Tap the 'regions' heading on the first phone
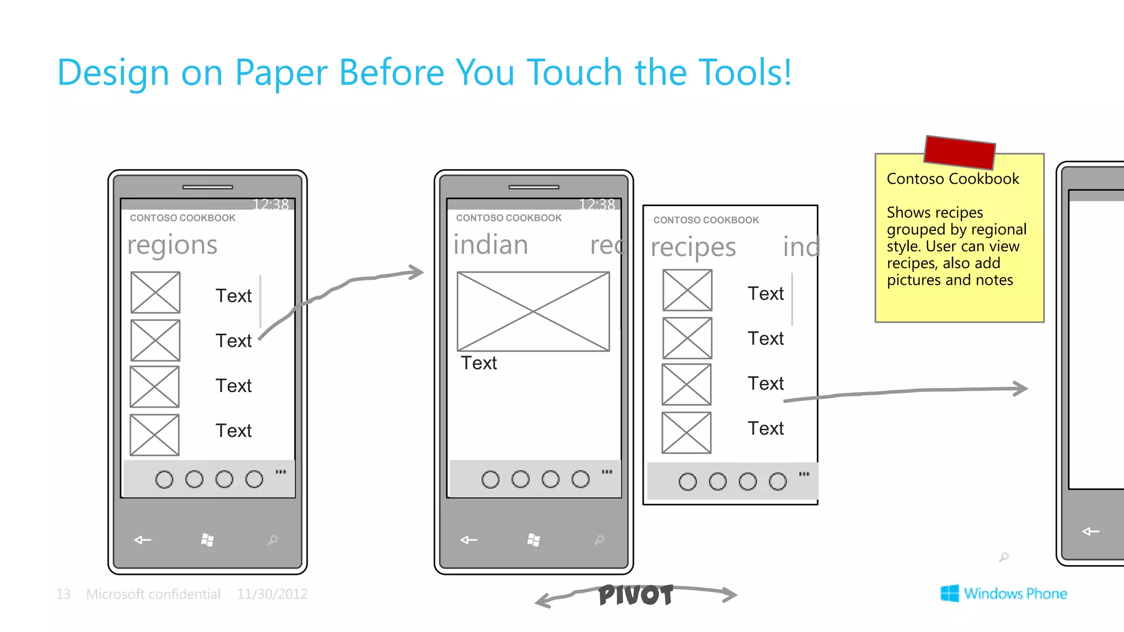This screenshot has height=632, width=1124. [x=172, y=245]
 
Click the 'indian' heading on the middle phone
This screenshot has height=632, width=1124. [x=491, y=245]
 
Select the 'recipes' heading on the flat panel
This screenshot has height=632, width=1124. [x=693, y=247]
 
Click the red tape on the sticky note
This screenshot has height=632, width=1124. [x=959, y=152]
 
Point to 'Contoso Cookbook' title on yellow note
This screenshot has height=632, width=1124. [x=953, y=179]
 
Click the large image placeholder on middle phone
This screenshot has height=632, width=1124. [x=533, y=311]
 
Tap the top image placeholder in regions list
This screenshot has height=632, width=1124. [x=155, y=292]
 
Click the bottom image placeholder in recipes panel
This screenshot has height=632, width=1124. [x=687, y=433]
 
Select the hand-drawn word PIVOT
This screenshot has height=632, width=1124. [x=636, y=595]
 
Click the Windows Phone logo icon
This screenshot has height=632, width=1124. [x=949, y=593]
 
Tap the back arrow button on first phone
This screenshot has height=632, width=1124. [x=143, y=540]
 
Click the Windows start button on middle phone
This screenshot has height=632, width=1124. [x=533, y=540]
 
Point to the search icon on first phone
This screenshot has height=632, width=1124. [x=273, y=540]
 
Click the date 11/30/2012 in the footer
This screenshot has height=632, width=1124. [x=272, y=594]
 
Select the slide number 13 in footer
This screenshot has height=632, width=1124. [x=63, y=594]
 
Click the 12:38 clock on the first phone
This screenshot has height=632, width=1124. [x=271, y=205]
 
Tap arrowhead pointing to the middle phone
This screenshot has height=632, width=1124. [x=417, y=272]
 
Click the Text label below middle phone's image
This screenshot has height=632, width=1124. [x=479, y=363]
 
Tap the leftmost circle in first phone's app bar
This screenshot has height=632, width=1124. [x=164, y=479]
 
